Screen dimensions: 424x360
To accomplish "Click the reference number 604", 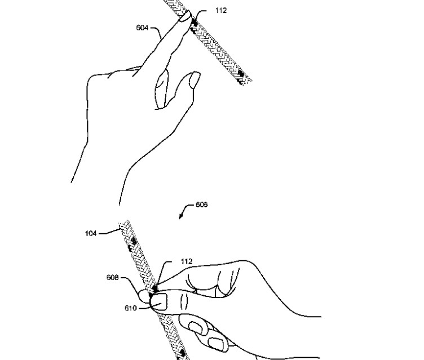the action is click(x=142, y=28).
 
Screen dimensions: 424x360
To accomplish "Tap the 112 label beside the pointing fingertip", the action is click(x=221, y=11).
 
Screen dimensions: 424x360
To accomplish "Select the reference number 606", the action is click(x=201, y=205).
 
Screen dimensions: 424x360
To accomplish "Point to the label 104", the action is click(x=91, y=233).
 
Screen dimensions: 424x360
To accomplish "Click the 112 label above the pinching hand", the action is click(x=187, y=261).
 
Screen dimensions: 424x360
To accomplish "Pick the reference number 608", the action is click(x=113, y=278).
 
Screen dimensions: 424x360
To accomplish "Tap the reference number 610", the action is click(x=131, y=308).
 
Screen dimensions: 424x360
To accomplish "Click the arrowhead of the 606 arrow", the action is click(x=180, y=216).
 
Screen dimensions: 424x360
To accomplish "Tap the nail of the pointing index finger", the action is click(x=185, y=17).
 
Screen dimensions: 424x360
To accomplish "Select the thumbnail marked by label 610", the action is click(x=159, y=302).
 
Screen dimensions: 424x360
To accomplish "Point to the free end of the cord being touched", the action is click(x=245, y=81).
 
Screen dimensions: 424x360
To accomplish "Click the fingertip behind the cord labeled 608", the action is click(x=144, y=296).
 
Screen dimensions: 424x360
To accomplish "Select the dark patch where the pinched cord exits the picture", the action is click(x=182, y=354).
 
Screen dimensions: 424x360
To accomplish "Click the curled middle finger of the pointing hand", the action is click(x=162, y=89).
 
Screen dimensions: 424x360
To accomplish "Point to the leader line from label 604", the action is click(x=156, y=30).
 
